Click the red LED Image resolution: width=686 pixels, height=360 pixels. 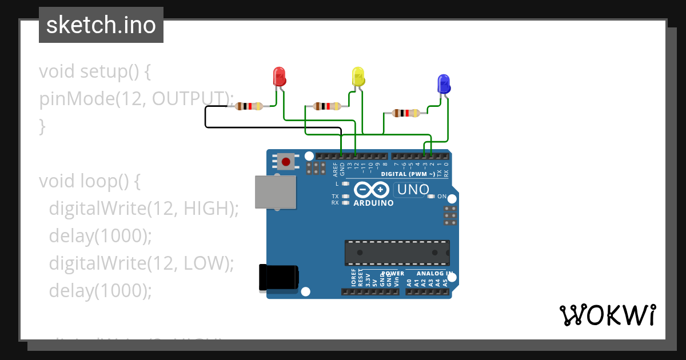coord(279,77)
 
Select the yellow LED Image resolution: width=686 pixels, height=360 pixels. coord(358,77)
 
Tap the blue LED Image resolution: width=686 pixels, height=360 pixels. coord(443,84)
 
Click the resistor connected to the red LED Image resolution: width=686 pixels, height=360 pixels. coord(249,106)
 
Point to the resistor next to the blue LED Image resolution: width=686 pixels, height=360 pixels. coord(405,113)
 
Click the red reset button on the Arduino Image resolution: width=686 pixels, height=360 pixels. coord(286,162)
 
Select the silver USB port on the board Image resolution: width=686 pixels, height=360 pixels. coord(276,192)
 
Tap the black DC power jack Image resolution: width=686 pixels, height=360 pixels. coord(278,278)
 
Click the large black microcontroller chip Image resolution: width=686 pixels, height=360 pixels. coord(397,253)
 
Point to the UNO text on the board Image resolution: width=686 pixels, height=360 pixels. coord(413,189)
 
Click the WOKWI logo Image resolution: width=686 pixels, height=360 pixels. coord(607,315)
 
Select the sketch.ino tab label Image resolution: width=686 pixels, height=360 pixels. coord(101,25)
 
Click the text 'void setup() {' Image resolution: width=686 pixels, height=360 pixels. coord(94,71)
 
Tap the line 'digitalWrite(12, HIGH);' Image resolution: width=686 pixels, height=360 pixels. coord(143,209)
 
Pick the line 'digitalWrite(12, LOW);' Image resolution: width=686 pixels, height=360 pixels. coord(142,263)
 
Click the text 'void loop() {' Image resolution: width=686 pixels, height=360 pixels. coord(90,181)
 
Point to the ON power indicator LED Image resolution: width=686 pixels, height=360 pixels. coord(432,197)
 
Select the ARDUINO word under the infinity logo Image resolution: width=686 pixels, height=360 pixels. coord(373,203)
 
